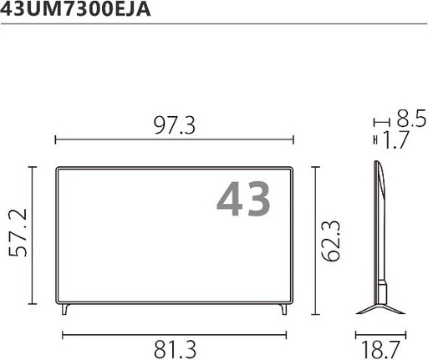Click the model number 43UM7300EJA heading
tap(75, 8)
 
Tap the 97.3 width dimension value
tap(175, 125)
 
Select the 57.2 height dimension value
tap(18, 232)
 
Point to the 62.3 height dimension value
tap(330, 241)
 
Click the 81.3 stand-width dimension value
tap(175, 349)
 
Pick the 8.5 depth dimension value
tap(411, 119)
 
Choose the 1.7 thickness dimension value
tap(396, 139)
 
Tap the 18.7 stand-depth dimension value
tap(380, 350)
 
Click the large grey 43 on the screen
tap(243, 199)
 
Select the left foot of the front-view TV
tap(65, 309)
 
